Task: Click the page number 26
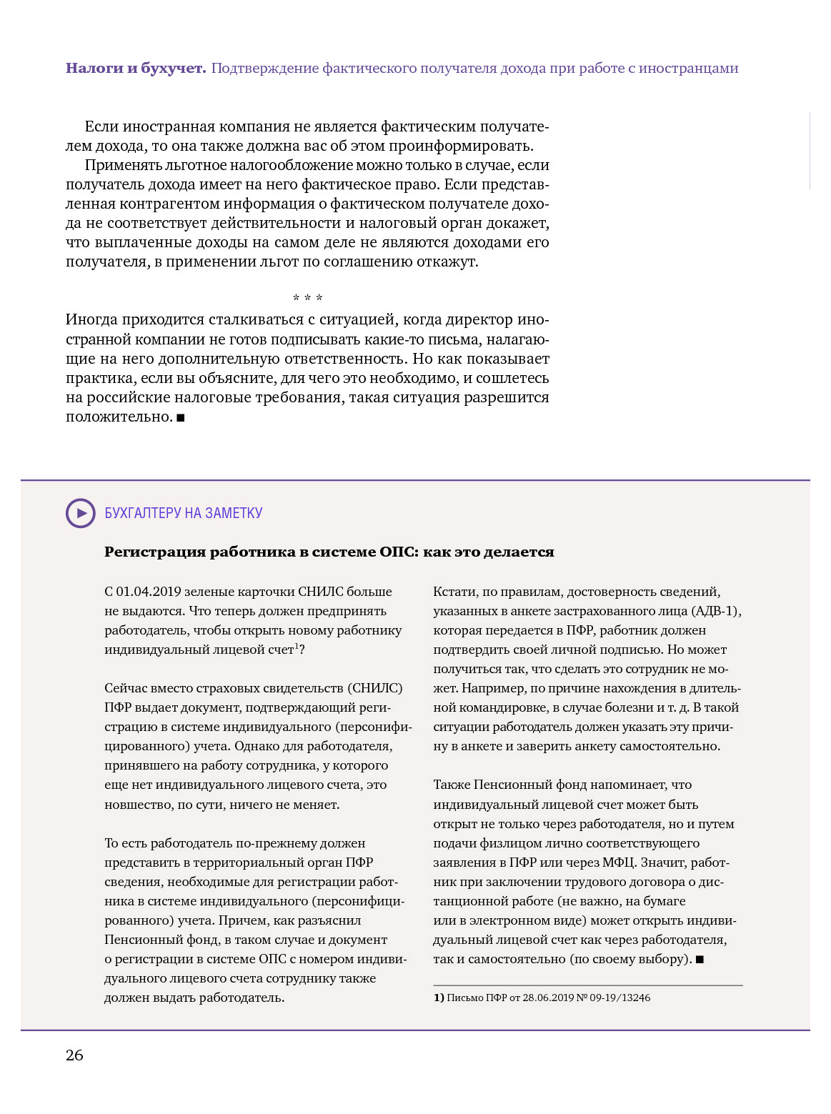coord(74,1055)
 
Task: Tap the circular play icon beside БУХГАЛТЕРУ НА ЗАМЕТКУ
coord(80,513)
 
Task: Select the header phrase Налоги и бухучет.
coord(136,69)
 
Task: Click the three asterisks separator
coord(307,298)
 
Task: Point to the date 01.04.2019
coord(149,592)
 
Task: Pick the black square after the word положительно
coord(181,417)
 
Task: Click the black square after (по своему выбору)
coord(700,960)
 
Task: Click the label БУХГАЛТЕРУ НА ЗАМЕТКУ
coord(184,513)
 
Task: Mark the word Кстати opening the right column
coord(454,592)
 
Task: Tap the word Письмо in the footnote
coord(464,998)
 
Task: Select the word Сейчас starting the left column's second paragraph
coord(126,688)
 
